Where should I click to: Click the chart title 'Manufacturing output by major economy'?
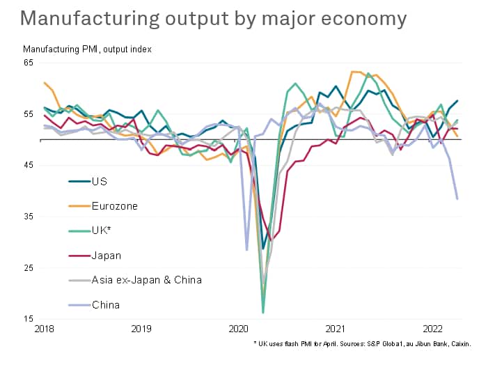click(x=214, y=18)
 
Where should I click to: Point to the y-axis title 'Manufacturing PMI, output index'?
click(x=87, y=49)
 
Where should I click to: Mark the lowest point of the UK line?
click(x=263, y=313)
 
